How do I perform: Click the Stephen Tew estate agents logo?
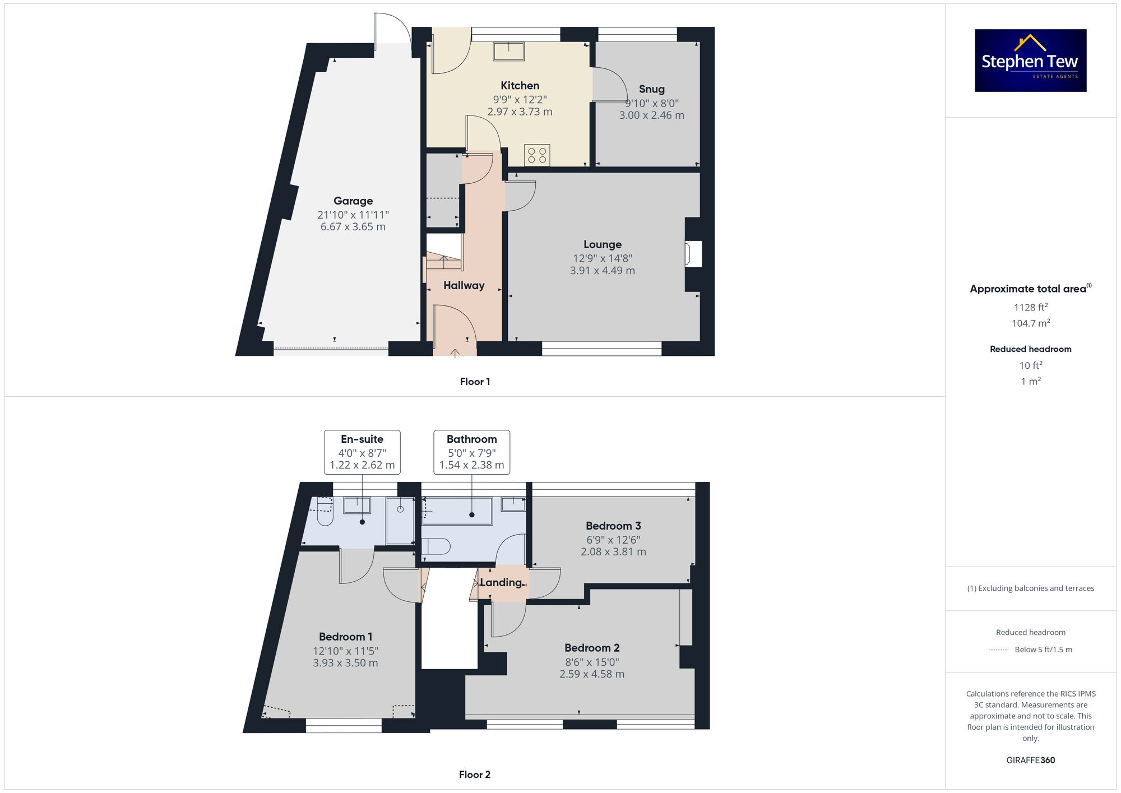[x=1030, y=61]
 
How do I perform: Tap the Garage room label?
[x=353, y=201]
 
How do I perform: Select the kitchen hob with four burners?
[x=537, y=155]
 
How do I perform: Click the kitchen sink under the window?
[x=508, y=51]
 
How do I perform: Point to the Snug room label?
[x=651, y=89]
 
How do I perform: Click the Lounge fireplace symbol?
[x=693, y=254]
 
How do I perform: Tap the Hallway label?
[x=464, y=285]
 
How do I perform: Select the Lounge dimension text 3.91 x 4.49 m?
[x=602, y=271]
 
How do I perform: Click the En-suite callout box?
[x=362, y=452]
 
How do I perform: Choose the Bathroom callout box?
[x=471, y=452]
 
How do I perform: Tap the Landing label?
[x=501, y=582]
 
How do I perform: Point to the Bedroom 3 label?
[x=613, y=526]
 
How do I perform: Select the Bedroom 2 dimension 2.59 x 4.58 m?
[x=591, y=674]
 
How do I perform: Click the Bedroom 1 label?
[x=345, y=637]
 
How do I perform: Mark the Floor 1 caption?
[x=475, y=382]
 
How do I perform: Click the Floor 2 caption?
[x=474, y=775]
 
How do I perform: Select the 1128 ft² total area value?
[x=1030, y=307]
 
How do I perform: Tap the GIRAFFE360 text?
[x=1030, y=760]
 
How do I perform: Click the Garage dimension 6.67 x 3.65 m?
[x=353, y=227]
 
